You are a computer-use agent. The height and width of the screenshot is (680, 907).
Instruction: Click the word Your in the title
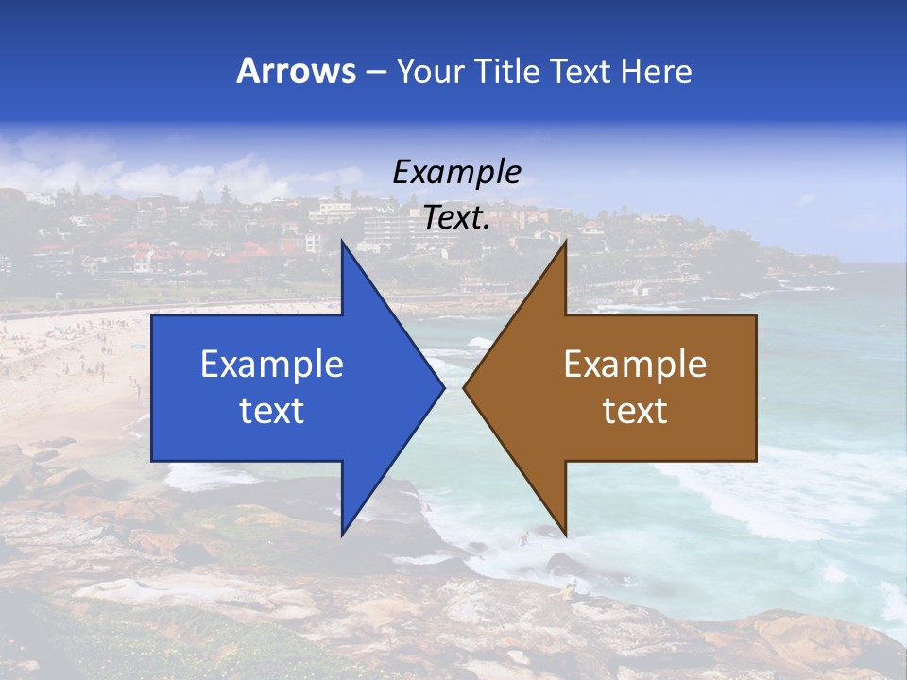point(430,71)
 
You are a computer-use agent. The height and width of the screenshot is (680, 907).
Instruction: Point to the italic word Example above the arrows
point(456,172)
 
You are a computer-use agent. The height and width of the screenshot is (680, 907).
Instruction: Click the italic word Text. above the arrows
point(456,217)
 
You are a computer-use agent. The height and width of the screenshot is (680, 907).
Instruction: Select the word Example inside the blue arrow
point(272,365)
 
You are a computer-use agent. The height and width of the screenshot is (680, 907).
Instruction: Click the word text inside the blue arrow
point(272,411)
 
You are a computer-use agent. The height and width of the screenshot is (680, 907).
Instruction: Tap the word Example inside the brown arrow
point(635,365)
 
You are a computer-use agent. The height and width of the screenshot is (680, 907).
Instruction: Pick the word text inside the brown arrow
point(635,411)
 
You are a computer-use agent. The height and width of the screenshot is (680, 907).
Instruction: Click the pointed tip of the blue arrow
point(443,387)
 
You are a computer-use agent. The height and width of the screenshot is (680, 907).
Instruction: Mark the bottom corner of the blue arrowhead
point(342,534)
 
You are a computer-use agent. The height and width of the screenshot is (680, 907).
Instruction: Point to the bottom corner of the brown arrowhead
point(565,534)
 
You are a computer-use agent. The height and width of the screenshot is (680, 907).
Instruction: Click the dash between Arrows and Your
point(375,72)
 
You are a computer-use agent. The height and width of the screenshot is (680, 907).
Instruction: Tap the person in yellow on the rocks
point(569,591)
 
